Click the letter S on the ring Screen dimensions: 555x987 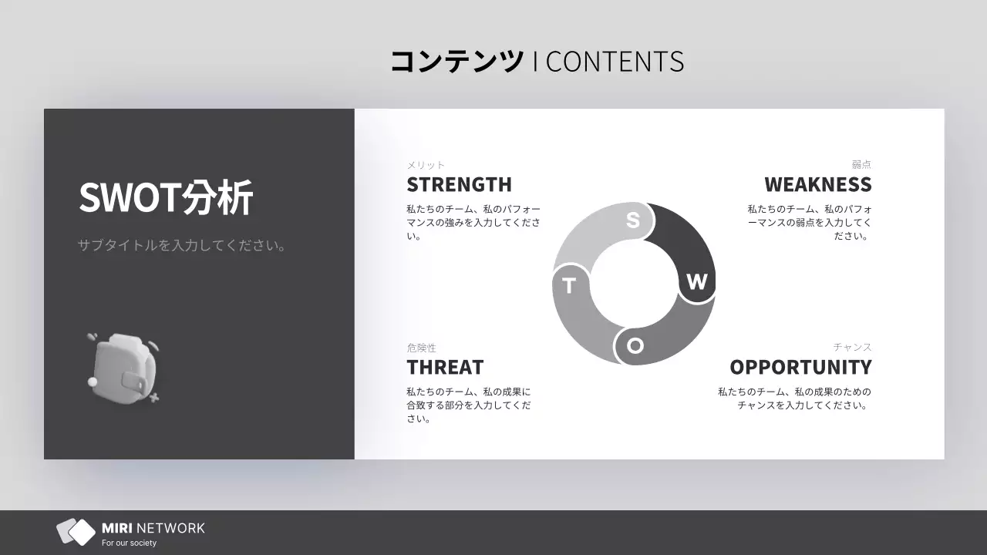coord(633,220)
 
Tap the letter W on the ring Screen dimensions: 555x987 coord(696,282)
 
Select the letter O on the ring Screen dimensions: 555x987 coord(635,345)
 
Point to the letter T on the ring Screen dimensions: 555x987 coord(569,286)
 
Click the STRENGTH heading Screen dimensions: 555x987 coord(459,185)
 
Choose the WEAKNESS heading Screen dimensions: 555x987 coord(817,185)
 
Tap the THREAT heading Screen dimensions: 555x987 coord(445,367)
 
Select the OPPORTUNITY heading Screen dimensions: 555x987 coord(800,367)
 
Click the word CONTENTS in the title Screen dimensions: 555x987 coord(614,62)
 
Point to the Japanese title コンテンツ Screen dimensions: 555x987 coord(456,62)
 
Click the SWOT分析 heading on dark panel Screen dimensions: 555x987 coord(166,198)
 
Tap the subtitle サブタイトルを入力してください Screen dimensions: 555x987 coord(182,246)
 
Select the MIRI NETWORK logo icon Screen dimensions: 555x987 coord(76,531)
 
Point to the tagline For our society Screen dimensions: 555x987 coord(129,543)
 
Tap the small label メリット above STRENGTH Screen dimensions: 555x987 coord(426,165)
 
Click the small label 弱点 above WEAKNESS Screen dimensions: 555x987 coord(861,165)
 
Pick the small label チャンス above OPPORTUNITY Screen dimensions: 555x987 coord(852,348)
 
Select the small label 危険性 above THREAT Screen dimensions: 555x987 coord(421,348)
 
